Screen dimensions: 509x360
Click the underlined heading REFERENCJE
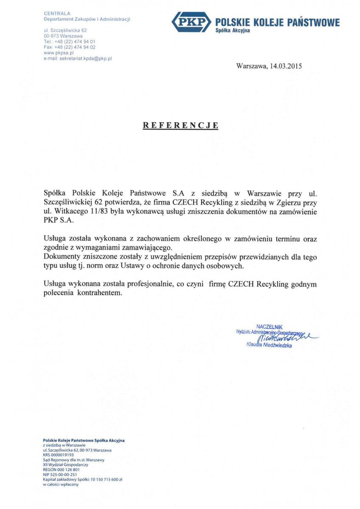click(180, 125)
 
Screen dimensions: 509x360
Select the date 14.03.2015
click(285, 67)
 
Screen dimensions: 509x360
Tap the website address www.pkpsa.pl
click(59, 53)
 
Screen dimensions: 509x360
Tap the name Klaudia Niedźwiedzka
click(269, 345)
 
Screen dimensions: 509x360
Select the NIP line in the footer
click(60, 475)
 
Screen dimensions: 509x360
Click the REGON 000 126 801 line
click(62, 470)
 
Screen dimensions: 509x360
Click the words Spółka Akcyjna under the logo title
click(233, 31)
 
